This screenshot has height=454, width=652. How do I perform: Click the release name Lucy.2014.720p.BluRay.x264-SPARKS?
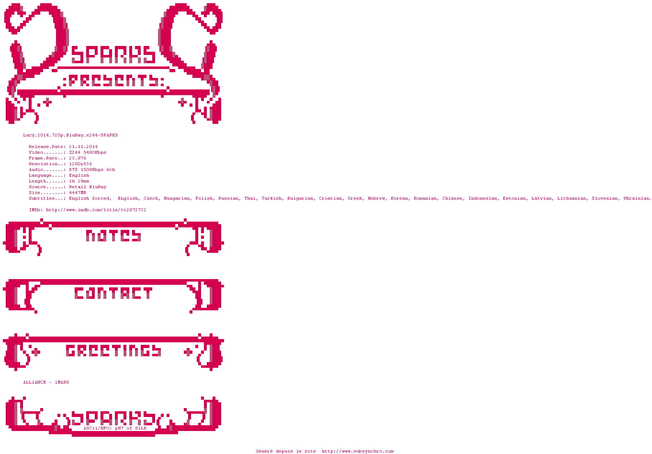pyautogui.click(x=70, y=135)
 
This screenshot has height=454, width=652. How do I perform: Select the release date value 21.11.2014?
pyautogui.click(x=83, y=147)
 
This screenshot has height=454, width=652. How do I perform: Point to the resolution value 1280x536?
pyautogui.click(x=80, y=164)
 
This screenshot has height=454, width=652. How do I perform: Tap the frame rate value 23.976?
pyautogui.click(x=78, y=158)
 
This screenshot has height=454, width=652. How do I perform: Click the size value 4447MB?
pyautogui.click(x=78, y=193)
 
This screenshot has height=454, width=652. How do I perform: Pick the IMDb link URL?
pyautogui.click(x=96, y=210)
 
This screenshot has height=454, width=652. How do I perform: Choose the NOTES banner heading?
pyautogui.click(x=113, y=236)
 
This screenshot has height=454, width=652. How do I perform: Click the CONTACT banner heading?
pyautogui.click(x=113, y=293)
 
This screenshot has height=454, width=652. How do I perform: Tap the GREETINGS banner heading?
pyautogui.click(x=113, y=351)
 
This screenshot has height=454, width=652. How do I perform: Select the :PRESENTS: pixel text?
pyautogui.click(x=113, y=81)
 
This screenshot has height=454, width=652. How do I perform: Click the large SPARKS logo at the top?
pyautogui.click(x=113, y=55)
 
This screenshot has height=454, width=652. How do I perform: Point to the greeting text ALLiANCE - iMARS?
pyautogui.click(x=46, y=383)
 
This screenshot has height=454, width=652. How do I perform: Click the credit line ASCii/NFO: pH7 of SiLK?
pyautogui.click(x=115, y=428)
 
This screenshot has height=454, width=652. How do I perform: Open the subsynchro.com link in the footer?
pyautogui.click(x=358, y=451)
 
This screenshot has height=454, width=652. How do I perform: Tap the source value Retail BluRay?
pyautogui.click(x=88, y=187)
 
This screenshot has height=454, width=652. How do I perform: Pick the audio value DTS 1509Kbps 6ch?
pyautogui.click(x=92, y=170)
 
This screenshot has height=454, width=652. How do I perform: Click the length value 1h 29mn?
pyautogui.click(x=79, y=181)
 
